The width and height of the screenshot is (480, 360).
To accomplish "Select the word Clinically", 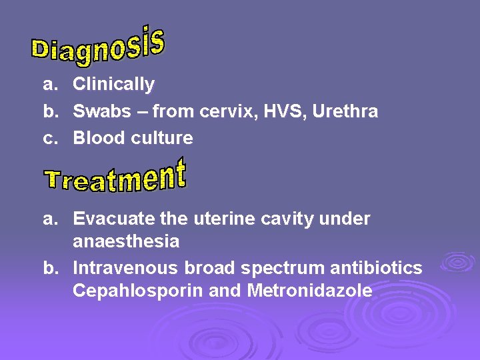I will (113, 85).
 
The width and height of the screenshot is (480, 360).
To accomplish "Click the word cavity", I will (277, 219).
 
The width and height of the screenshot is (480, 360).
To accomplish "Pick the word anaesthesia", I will (126, 241).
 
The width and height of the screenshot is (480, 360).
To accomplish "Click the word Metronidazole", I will (309, 291).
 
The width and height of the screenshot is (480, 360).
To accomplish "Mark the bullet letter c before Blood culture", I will (49, 138).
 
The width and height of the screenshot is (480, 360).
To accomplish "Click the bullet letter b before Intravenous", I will (49, 268).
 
